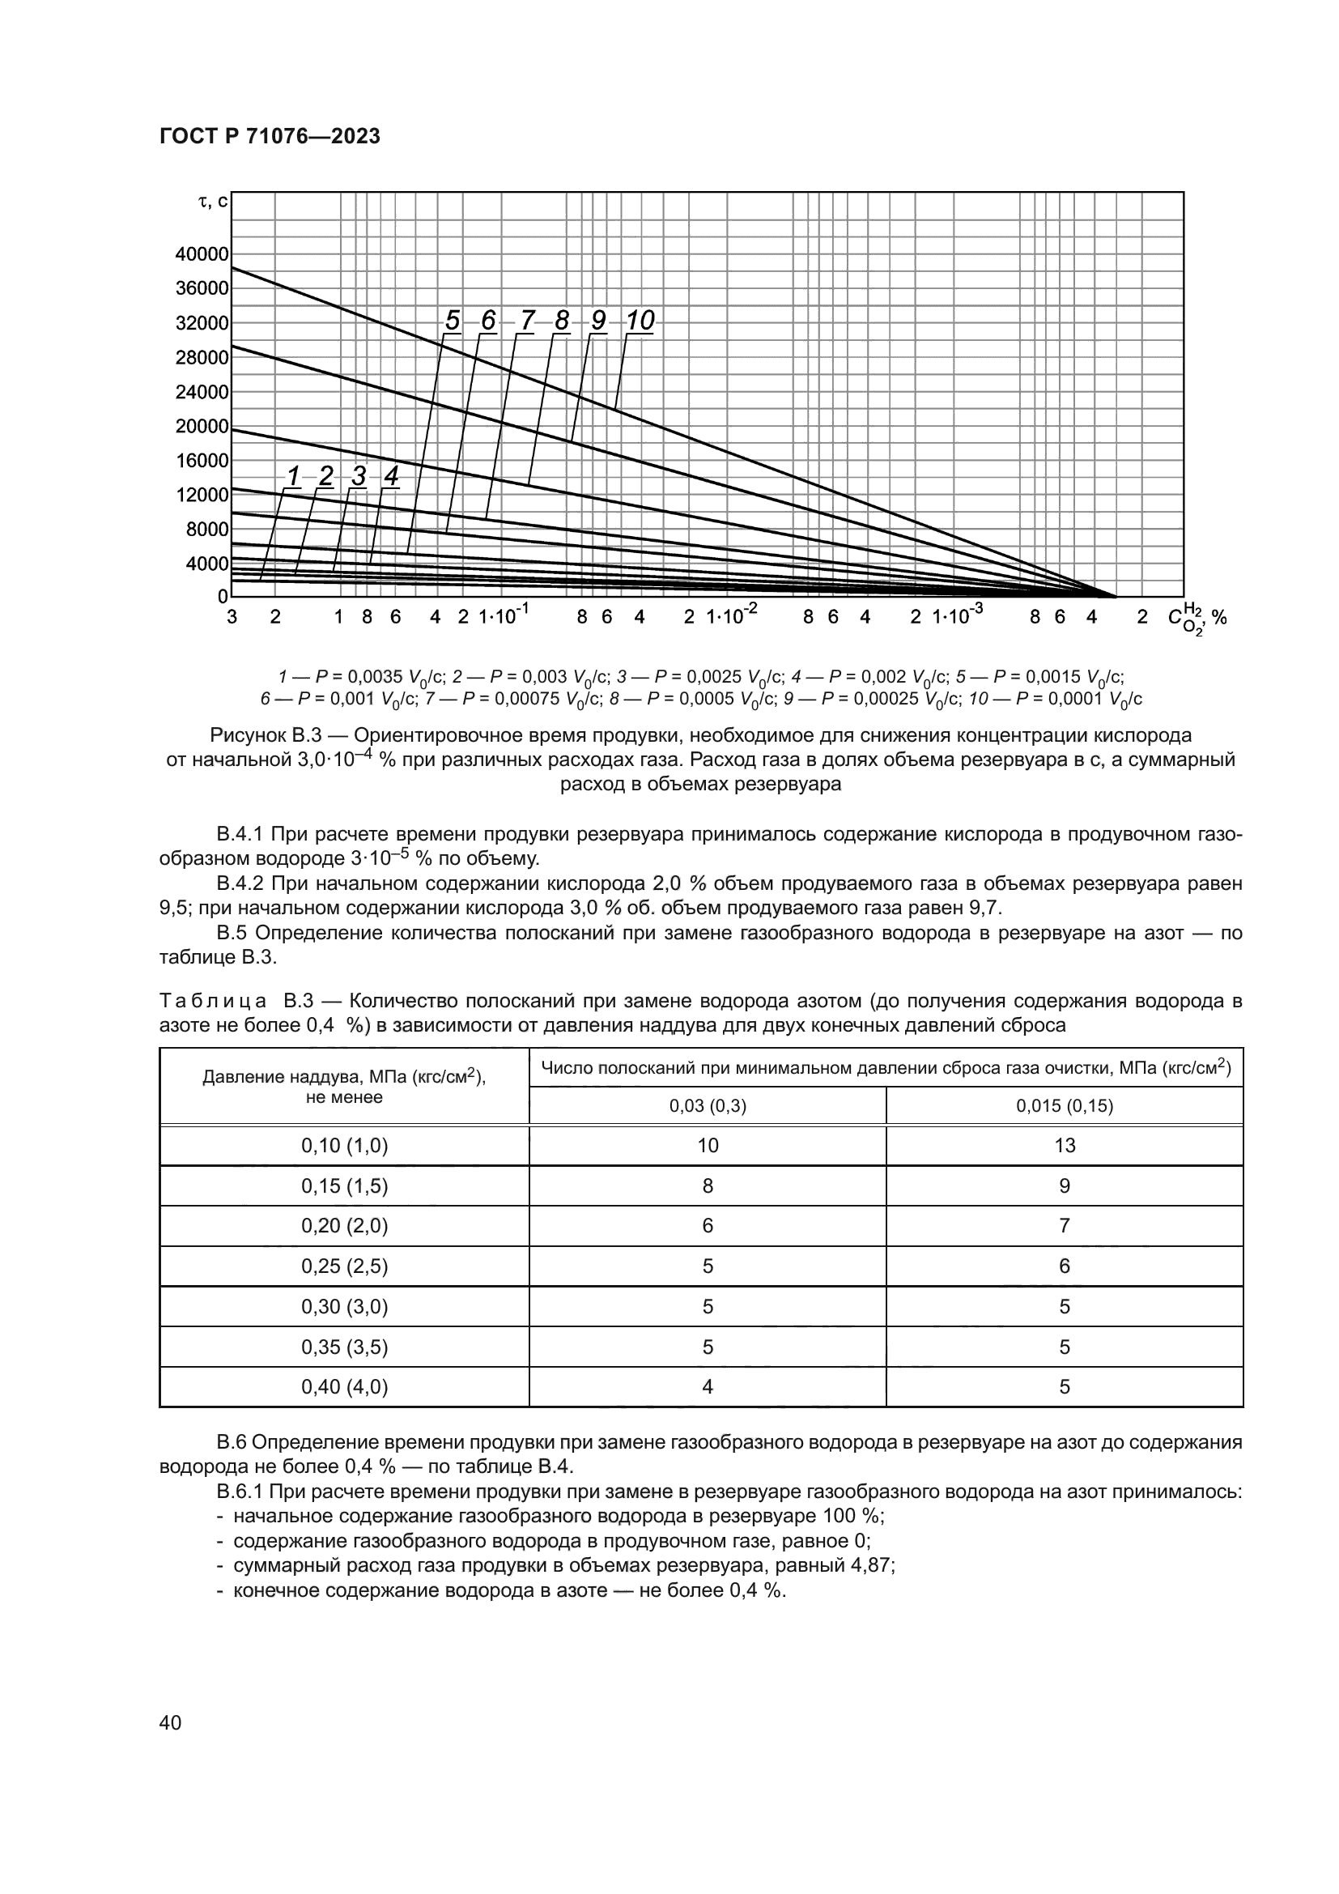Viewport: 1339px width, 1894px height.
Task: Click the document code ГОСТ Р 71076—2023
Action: (x=270, y=137)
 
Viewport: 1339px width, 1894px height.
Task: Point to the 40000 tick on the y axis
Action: (x=202, y=254)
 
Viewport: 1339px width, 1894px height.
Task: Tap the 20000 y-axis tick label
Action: (x=202, y=427)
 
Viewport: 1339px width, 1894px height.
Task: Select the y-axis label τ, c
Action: (x=213, y=201)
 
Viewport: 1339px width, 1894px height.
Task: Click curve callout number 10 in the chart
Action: (x=640, y=321)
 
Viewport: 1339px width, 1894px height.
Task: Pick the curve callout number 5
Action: (x=452, y=321)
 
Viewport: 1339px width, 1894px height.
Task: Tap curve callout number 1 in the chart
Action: (x=293, y=476)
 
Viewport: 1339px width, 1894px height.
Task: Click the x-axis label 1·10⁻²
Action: (x=731, y=615)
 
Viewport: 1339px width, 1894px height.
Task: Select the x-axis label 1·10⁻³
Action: (x=958, y=615)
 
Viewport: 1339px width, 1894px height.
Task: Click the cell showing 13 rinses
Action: (x=1064, y=1145)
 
